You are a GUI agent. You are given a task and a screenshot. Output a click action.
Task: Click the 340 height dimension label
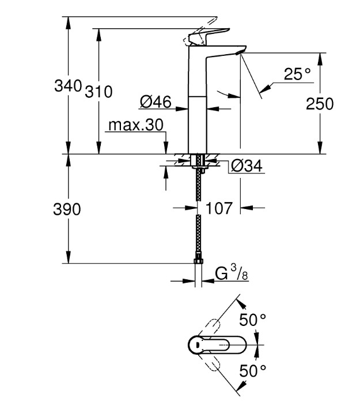[x=68, y=85]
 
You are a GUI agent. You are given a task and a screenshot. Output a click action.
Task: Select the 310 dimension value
[x=98, y=92]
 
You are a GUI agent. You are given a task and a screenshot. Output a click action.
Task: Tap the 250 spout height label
[x=320, y=104]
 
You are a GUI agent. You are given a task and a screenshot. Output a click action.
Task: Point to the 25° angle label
[x=297, y=74]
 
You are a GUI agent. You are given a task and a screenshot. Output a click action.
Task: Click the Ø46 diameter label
[x=156, y=101]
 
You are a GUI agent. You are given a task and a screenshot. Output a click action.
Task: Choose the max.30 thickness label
[x=136, y=125]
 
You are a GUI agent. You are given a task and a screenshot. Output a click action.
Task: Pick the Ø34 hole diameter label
[x=247, y=166]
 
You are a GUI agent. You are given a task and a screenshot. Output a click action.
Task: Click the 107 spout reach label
[x=219, y=208]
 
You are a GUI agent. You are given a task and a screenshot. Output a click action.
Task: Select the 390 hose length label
[x=67, y=209]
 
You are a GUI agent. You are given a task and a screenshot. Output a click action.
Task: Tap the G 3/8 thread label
[x=232, y=274]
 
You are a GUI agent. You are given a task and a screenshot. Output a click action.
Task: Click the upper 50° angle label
[x=252, y=320]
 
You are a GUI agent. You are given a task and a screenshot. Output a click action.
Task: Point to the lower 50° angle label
[x=252, y=371]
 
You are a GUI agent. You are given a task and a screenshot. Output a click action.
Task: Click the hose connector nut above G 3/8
[x=198, y=261]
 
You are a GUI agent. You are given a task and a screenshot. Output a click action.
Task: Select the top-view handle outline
[x=217, y=345]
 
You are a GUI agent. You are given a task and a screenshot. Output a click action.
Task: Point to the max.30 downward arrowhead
[x=166, y=148]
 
